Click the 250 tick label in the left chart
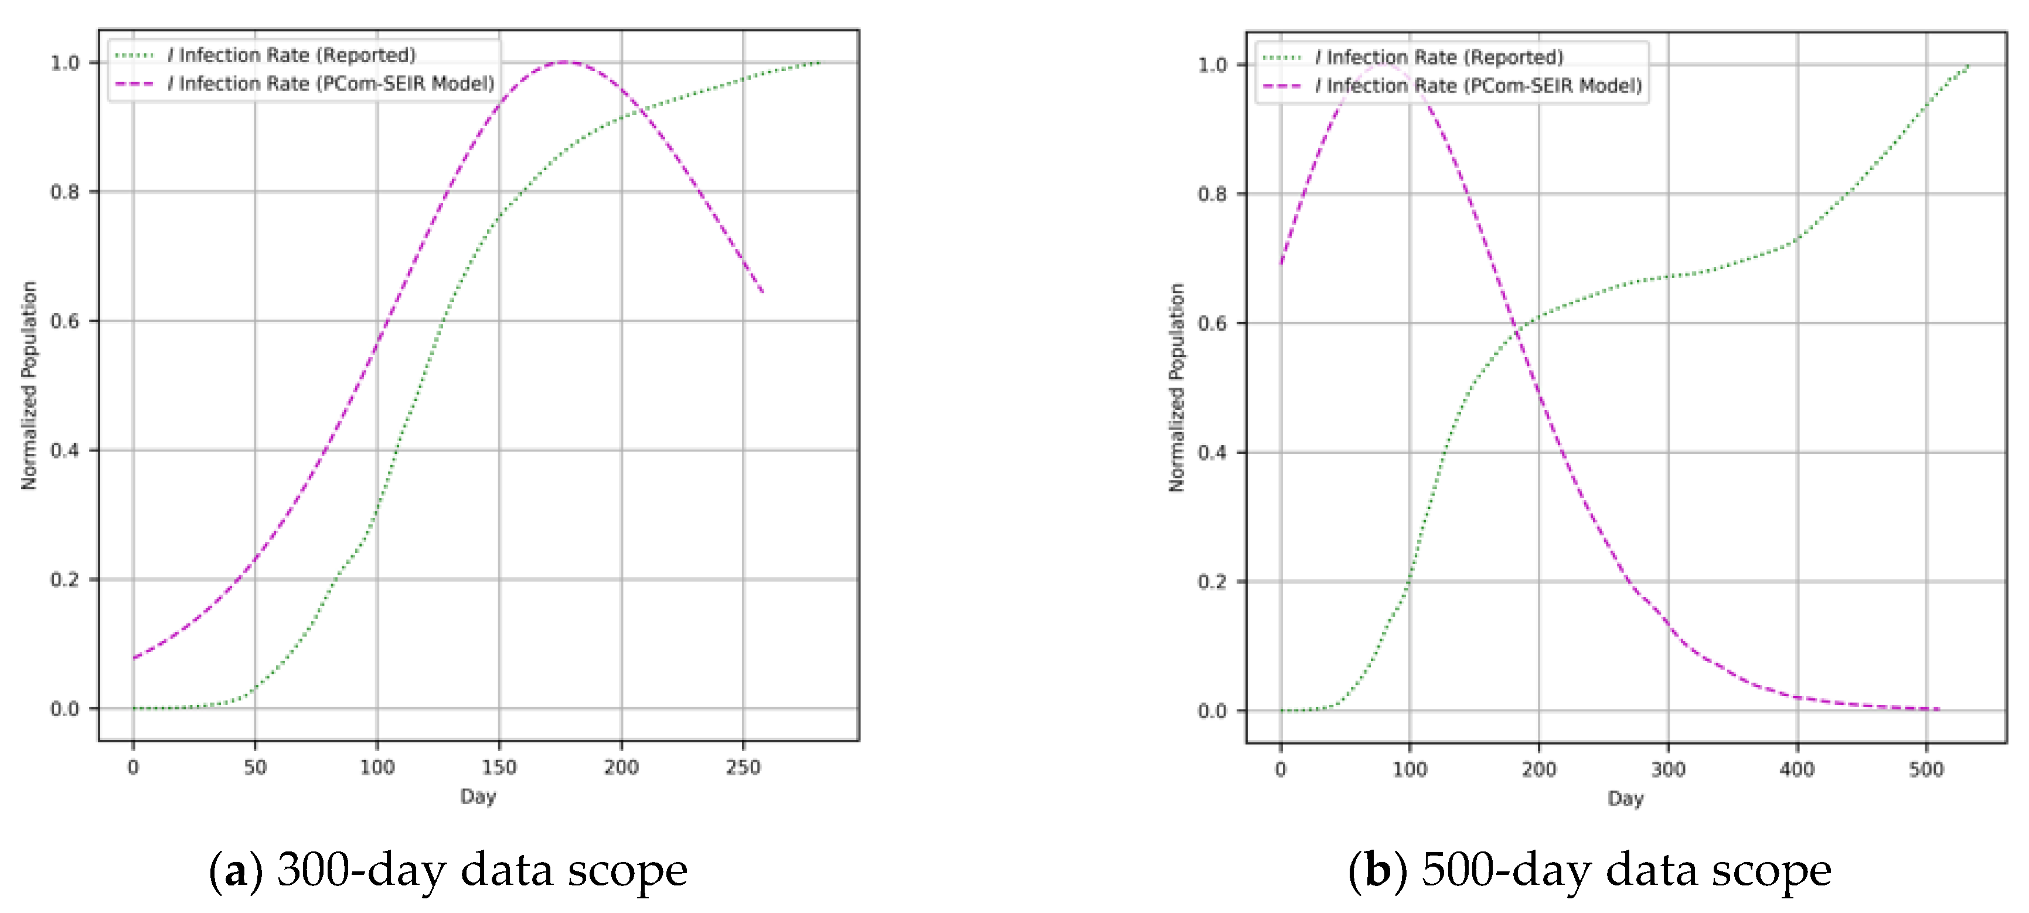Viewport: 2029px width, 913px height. pyautogui.click(x=742, y=767)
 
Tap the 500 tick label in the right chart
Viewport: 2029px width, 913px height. pyautogui.click(x=1926, y=770)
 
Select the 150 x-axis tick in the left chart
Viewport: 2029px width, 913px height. pyautogui.click(x=499, y=767)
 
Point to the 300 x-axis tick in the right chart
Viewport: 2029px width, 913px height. pyautogui.click(x=1667, y=770)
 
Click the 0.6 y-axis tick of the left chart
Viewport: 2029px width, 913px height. pyautogui.click(x=64, y=321)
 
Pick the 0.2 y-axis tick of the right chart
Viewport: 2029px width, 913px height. pyautogui.click(x=1212, y=582)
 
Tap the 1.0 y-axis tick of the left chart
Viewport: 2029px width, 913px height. pyautogui.click(x=64, y=63)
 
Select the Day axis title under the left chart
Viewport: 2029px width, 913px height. pyautogui.click(x=478, y=796)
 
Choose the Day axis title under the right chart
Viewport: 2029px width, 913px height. pyautogui.click(x=1626, y=799)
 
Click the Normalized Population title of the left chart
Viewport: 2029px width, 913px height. pyautogui.click(x=29, y=386)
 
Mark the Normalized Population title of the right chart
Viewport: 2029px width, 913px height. pyautogui.click(x=1177, y=388)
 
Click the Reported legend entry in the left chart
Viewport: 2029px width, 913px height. pyautogui.click(x=291, y=55)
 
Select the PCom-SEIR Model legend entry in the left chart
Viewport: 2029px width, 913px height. pyautogui.click(x=331, y=83)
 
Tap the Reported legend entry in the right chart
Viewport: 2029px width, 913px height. pyautogui.click(x=1439, y=57)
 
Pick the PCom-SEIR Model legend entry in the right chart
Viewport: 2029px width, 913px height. pyautogui.click(x=1479, y=86)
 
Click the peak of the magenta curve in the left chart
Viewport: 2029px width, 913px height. pyautogui.click(x=565, y=62)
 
